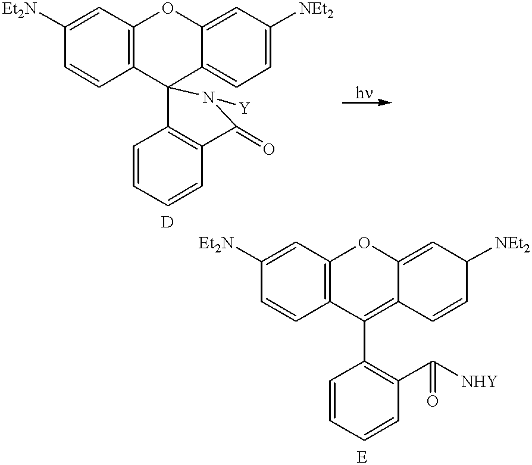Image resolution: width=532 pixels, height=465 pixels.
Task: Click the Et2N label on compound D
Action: [18, 11]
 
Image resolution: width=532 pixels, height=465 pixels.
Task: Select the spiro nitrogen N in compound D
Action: [208, 98]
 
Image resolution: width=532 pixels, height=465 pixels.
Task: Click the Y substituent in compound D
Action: [245, 108]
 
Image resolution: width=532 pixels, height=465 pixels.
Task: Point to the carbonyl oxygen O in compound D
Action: [269, 149]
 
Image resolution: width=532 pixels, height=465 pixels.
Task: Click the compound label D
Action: [167, 222]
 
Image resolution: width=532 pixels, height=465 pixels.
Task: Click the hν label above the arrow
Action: [364, 93]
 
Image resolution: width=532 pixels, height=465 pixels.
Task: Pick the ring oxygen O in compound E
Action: [364, 243]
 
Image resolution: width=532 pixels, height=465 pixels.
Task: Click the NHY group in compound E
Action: [478, 381]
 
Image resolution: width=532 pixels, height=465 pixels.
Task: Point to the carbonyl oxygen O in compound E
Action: [432, 401]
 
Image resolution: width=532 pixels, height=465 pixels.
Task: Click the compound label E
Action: [362, 457]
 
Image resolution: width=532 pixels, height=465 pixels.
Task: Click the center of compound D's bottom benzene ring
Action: [168, 166]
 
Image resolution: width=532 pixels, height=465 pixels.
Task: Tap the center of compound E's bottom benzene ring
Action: [364, 401]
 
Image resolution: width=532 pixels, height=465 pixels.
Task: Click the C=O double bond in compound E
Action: [432, 378]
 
